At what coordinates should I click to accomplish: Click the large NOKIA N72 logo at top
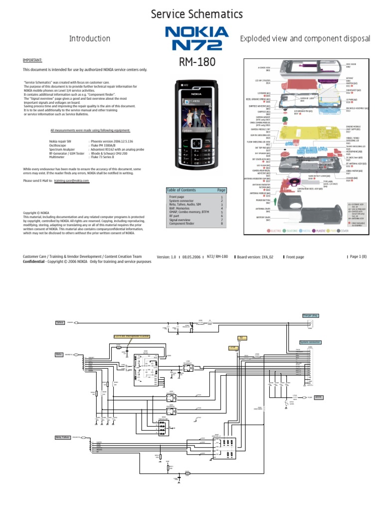click(196, 38)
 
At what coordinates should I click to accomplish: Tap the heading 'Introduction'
click(90, 38)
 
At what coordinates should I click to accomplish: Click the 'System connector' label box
click(310, 342)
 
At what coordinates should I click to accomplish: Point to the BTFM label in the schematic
click(319, 397)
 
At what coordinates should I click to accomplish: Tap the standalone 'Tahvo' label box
click(60, 323)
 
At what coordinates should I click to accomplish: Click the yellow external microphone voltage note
click(132, 336)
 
